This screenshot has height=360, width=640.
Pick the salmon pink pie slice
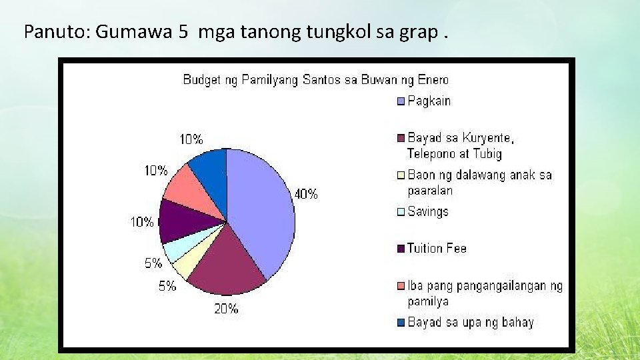[190, 193]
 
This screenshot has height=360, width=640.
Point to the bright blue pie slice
[210, 170]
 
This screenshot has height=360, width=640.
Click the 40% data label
[305, 195]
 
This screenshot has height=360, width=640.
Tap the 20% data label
[226, 309]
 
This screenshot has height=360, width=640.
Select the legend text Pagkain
[429, 101]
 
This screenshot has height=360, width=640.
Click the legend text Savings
[428, 212]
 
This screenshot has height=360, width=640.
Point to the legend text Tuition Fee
[437, 249]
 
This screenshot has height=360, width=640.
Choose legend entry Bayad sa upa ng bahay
[471, 323]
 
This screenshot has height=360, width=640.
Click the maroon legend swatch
[401, 139]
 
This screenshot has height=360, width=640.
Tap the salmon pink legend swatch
[401, 287]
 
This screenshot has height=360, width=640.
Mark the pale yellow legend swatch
[401, 176]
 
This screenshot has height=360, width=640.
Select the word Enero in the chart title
[433, 80]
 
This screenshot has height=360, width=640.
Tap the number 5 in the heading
[183, 31]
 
